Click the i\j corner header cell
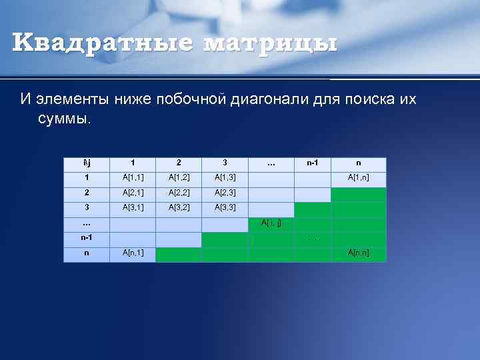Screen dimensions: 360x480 point(87,163)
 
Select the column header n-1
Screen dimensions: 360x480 point(313,163)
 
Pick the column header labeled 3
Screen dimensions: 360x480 point(225,163)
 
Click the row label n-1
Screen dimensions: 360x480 point(87,238)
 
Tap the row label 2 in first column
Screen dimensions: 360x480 point(87,193)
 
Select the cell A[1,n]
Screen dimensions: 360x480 point(358,178)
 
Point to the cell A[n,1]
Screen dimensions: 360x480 point(133,253)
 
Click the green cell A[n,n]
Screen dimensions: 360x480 point(358,253)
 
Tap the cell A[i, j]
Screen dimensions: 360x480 point(271,223)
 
